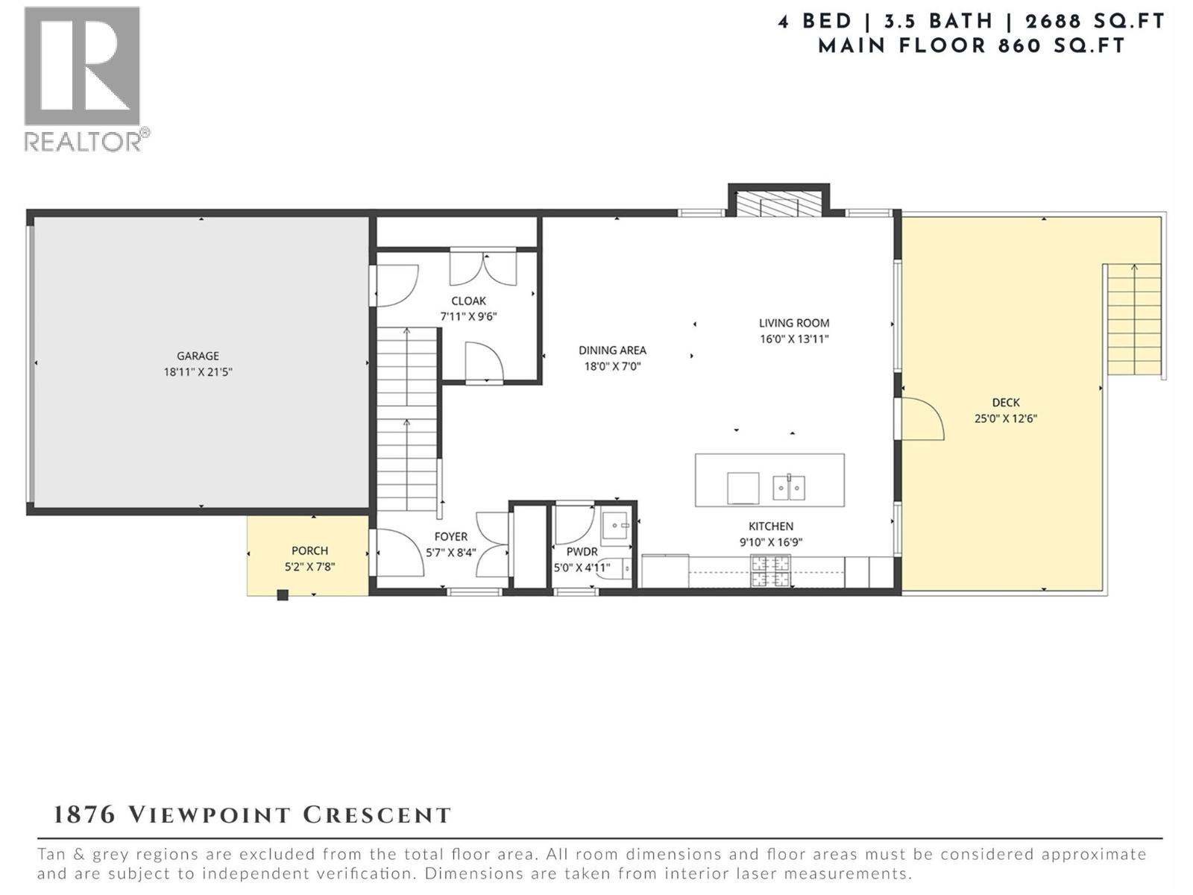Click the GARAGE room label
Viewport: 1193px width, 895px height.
pyautogui.click(x=198, y=356)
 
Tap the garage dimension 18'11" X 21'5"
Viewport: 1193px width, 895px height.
pyautogui.click(x=198, y=371)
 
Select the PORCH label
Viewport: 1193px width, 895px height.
pyautogui.click(x=309, y=550)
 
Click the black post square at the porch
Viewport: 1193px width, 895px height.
pyautogui.click(x=283, y=594)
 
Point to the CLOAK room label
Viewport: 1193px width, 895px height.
pyautogui.click(x=468, y=301)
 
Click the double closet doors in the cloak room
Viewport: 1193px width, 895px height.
pyautogui.click(x=483, y=268)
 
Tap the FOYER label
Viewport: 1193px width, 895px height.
pyautogui.click(x=451, y=536)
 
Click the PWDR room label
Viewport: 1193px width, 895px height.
pyautogui.click(x=582, y=552)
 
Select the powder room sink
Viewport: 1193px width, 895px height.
pyautogui.click(x=616, y=526)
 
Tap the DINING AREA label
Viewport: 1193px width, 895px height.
pyautogui.click(x=612, y=350)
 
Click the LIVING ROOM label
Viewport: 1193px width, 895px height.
pyautogui.click(x=794, y=323)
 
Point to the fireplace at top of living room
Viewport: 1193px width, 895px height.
pyautogui.click(x=779, y=203)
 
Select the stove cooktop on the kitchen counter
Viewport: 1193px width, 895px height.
pyautogui.click(x=771, y=572)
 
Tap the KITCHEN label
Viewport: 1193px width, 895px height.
pyautogui.click(x=771, y=526)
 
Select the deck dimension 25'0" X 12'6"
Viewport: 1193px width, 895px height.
pyautogui.click(x=1005, y=418)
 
